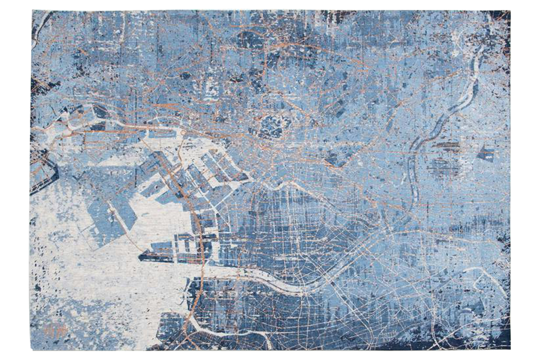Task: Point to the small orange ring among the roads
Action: point(183,133)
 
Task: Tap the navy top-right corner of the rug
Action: point(502,16)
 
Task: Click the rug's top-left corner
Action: point(33,12)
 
